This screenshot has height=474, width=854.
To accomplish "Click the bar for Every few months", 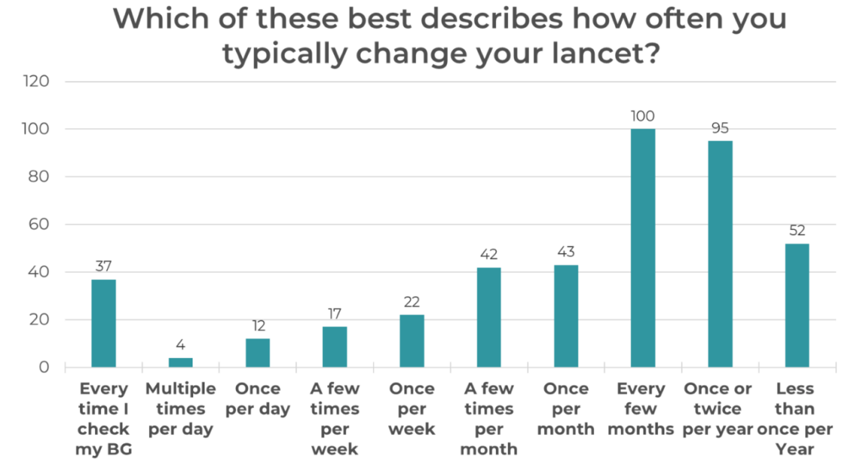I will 643,248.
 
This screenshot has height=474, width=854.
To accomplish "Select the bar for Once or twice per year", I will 720,254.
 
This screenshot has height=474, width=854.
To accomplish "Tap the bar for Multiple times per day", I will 181,362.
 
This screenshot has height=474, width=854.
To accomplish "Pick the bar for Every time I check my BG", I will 103,323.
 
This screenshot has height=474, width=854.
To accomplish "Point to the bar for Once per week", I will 412,341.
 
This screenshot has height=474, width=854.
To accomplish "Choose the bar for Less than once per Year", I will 797,305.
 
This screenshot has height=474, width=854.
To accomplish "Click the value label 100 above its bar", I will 643,116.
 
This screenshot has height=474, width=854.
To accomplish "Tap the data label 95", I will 720,128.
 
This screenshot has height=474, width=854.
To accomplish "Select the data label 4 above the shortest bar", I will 181,345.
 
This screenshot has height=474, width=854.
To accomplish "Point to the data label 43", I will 566,252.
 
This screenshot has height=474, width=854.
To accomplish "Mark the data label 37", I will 103,266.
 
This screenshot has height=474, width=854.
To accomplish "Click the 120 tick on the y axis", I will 36,82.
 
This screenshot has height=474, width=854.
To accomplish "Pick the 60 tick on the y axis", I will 40,225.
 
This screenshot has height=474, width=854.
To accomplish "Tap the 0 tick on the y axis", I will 44,367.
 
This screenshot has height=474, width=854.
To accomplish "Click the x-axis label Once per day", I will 258,399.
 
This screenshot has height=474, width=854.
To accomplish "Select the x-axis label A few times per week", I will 335,419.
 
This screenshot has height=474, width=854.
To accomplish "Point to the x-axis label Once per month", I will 566,409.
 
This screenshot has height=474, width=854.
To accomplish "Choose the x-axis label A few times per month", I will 488,419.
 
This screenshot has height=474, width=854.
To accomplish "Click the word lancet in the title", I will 583,55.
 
